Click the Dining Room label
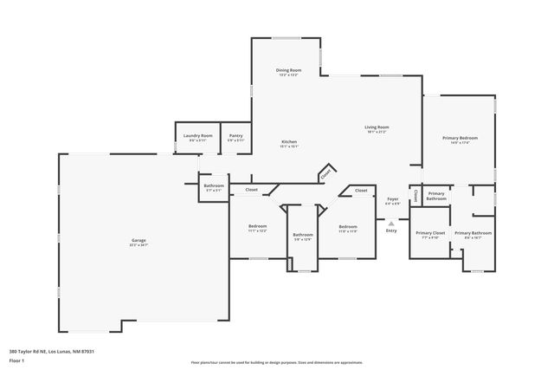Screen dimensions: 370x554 click(x=289, y=70)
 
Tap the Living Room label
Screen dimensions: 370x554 click(x=376, y=127)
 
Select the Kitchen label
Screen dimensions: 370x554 click(x=289, y=142)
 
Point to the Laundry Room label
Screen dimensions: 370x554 click(x=192, y=135)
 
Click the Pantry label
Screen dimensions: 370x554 click(x=235, y=135)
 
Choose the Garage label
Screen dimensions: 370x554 click(x=138, y=242)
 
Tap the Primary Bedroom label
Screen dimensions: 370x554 click(x=460, y=138)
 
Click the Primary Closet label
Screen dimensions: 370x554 click(x=429, y=233)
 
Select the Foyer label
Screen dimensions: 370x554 click(x=392, y=198)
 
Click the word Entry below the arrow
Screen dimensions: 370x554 click(x=391, y=230)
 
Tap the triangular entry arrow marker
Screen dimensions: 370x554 click(x=391, y=223)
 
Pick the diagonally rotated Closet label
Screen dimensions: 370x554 click(x=325, y=173)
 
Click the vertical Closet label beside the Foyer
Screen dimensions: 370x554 click(x=415, y=195)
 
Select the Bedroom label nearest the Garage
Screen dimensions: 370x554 click(x=257, y=226)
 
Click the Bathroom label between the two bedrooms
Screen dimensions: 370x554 click(x=302, y=235)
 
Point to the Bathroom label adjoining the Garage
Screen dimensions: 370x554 click(x=214, y=185)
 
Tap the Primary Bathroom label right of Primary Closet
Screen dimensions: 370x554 click(x=473, y=233)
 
